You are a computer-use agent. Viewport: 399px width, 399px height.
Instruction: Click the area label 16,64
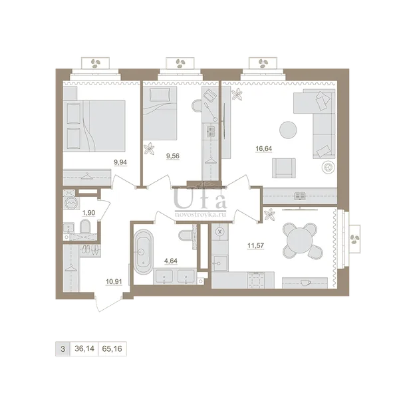point(263,148)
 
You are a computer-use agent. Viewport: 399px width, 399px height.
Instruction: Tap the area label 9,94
point(120,162)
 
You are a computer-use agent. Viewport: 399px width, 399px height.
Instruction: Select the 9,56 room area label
point(173,156)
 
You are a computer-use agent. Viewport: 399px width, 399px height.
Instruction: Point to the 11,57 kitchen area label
point(256,245)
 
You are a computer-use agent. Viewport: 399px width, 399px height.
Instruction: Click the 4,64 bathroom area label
point(171,261)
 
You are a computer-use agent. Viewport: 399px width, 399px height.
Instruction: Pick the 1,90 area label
point(88,213)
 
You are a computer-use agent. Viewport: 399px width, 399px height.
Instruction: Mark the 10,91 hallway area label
point(114,282)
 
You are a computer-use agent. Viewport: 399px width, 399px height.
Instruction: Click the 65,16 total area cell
point(112,348)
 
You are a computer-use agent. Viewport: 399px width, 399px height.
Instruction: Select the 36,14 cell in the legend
point(84,348)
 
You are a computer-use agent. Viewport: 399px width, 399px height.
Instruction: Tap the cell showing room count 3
point(63,348)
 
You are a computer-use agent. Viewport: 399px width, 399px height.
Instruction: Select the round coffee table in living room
point(288,130)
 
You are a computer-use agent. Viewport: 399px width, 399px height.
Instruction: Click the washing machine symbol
point(70,203)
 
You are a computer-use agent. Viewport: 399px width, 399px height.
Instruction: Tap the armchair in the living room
point(284,168)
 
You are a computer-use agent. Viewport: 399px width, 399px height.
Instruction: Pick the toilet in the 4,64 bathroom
point(186,235)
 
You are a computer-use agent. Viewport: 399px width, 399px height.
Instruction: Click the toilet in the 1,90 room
point(85,227)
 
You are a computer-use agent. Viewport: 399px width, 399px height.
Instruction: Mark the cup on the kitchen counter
point(305,283)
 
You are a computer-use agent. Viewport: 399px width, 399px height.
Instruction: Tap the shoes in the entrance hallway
point(90,249)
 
